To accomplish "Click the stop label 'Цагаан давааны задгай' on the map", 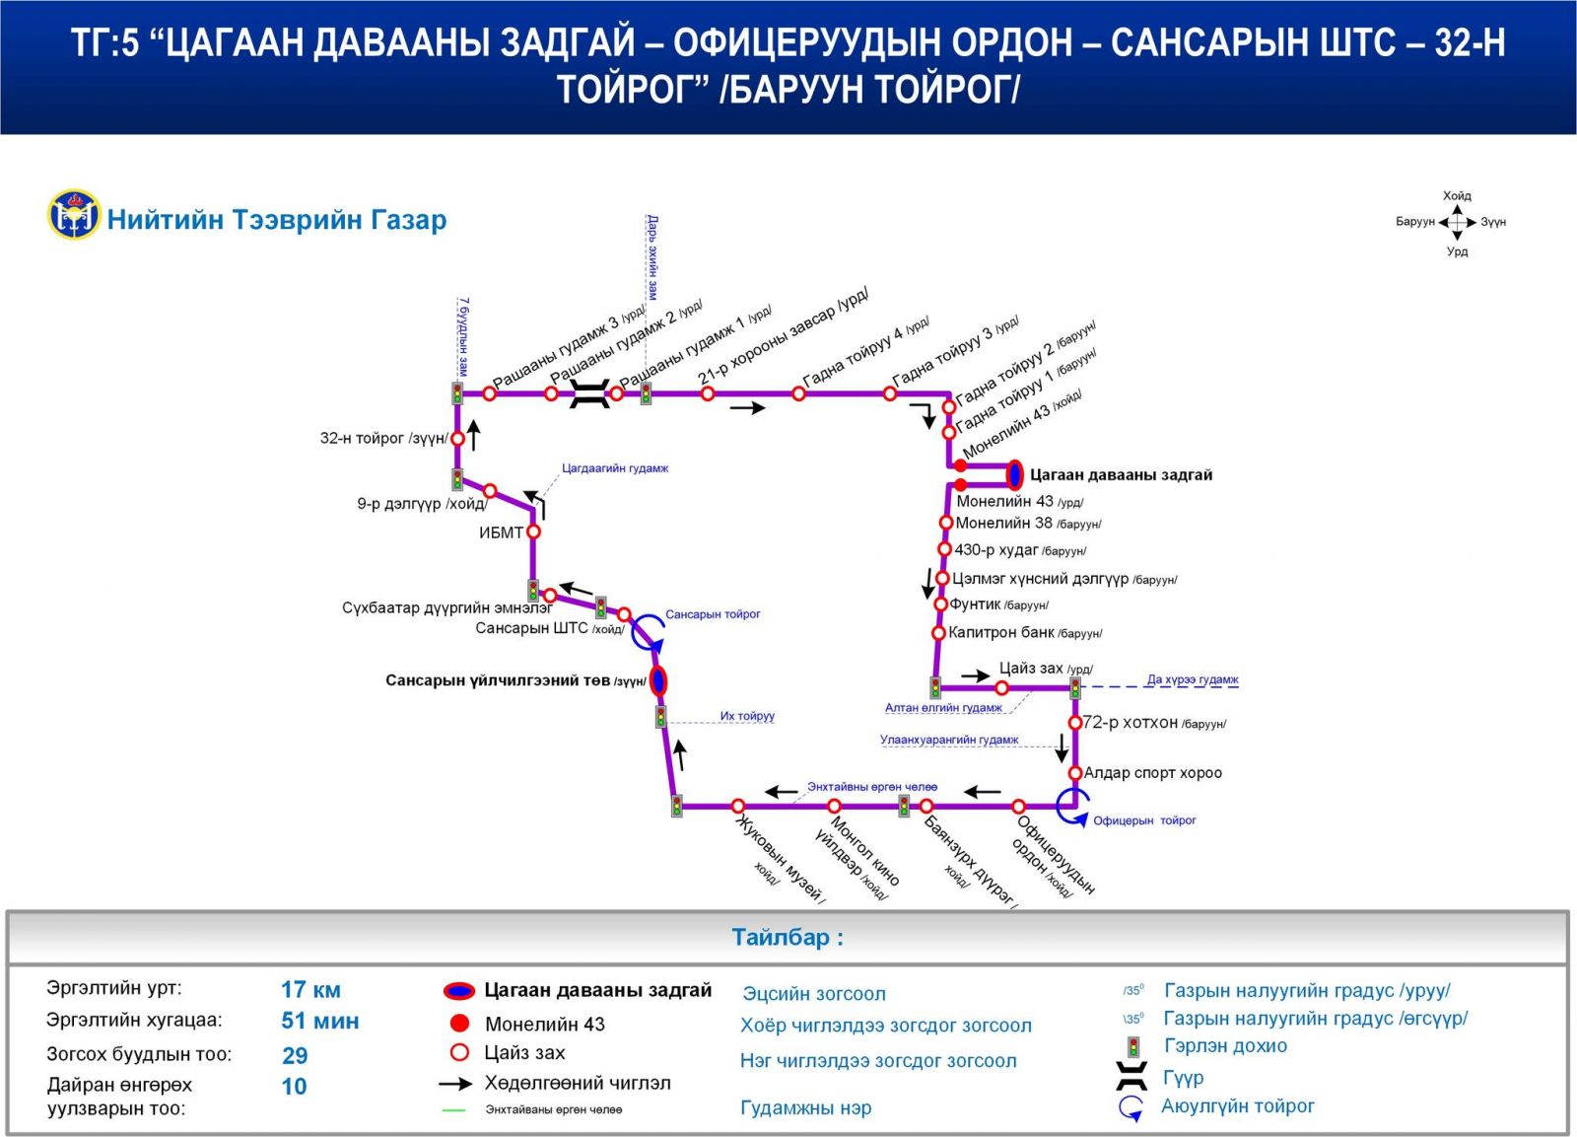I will click(x=1121, y=475).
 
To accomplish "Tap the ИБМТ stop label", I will click(x=501, y=533).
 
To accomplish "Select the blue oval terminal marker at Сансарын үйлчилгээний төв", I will click(x=658, y=680).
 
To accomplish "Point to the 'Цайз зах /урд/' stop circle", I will click(x=1001, y=688).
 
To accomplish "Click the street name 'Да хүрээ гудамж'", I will click(x=1193, y=679).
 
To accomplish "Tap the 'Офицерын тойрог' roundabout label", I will click(x=1144, y=820).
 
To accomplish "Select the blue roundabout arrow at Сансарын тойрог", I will click(x=648, y=631).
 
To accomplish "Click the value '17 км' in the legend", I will click(x=310, y=989).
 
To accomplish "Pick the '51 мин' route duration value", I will click(x=319, y=1021).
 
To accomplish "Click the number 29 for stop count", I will click(x=295, y=1055).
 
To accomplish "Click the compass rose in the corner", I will click(x=1457, y=223).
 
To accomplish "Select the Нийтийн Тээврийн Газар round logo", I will click(x=74, y=215).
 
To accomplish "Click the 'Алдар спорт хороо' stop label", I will click(x=1152, y=773).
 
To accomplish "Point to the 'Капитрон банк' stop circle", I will click(x=939, y=633).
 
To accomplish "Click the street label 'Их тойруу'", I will click(x=747, y=716).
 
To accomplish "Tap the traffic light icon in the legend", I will click(x=1133, y=1046).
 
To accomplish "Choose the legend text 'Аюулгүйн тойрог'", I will click(x=1237, y=1106).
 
